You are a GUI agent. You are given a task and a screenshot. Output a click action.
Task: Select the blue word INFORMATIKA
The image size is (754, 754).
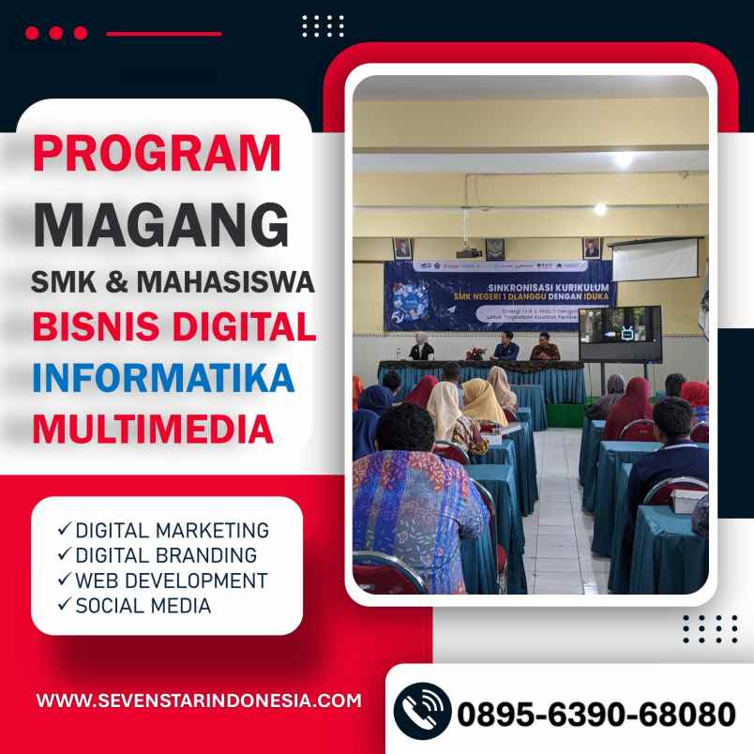pos(164,377)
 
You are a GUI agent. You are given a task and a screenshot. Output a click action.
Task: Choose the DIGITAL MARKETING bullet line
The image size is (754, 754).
pos(162,530)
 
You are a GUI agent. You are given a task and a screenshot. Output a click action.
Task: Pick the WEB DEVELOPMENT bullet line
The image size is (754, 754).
pos(162,581)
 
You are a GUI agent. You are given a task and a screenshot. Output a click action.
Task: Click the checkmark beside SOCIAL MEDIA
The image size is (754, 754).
pos(64,606)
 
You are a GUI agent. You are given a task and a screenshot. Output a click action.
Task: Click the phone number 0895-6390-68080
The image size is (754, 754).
pos(596,714)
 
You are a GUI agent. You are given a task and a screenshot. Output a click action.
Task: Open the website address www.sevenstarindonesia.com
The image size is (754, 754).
pos(199,701)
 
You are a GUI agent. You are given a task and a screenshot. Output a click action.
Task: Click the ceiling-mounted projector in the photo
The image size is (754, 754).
pos(469,251)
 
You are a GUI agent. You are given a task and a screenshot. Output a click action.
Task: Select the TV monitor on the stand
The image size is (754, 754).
pos(619,333)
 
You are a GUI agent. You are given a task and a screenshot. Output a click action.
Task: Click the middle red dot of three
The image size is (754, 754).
pos(56,33)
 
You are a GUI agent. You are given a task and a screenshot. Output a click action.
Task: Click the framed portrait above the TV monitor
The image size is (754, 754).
pos(593,248)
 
